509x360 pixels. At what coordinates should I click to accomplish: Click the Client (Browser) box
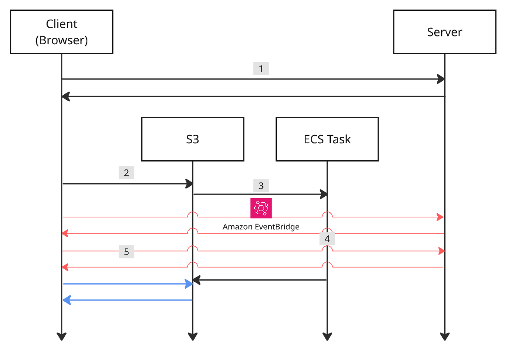[61, 32]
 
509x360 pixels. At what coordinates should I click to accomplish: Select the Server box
[444, 32]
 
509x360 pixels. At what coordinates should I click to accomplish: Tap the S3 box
[192, 139]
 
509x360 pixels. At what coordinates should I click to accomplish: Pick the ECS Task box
[327, 139]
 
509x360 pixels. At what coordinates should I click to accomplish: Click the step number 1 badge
[261, 69]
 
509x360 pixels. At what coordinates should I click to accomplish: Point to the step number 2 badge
[126, 173]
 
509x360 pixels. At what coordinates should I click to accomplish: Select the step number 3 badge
[261, 186]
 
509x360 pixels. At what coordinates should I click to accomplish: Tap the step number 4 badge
[327, 239]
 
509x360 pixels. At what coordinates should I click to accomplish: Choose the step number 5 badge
[126, 252]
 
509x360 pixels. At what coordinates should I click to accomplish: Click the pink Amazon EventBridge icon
[261, 208]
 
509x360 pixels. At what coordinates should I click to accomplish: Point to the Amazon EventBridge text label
[261, 227]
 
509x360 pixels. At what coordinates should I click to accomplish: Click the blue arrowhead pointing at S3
[189, 284]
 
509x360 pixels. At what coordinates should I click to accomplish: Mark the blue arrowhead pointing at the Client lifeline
[66, 300]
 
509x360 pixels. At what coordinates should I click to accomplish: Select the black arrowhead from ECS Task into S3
[196, 280]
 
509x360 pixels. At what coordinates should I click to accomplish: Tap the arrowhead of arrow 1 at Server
[441, 79]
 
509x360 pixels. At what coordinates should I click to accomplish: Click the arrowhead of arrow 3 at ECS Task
[323, 194]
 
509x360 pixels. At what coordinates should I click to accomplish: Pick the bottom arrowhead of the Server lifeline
[444, 337]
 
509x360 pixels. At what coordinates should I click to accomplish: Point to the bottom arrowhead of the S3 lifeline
[192, 337]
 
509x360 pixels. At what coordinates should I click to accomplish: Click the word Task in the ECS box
[341, 139]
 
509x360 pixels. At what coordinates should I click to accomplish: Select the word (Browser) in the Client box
[61, 40]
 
